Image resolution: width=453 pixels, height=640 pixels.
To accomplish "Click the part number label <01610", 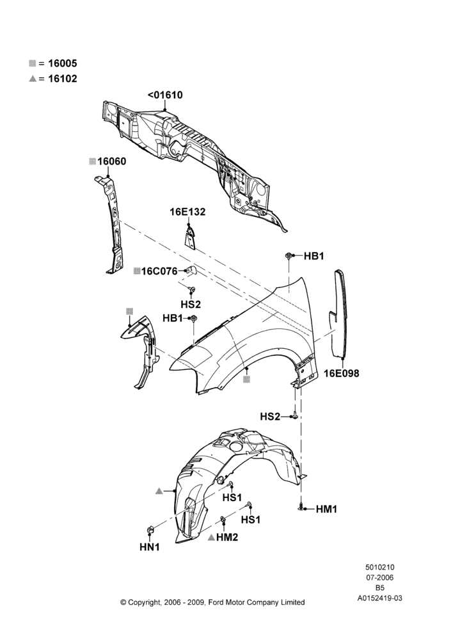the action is tap(165, 95).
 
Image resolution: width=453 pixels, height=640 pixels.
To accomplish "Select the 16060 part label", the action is tap(111, 161).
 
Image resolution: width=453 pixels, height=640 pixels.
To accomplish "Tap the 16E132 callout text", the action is tap(187, 212).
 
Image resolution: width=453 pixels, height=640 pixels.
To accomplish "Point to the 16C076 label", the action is tap(159, 271).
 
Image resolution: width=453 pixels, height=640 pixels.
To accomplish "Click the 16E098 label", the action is tap(342, 373).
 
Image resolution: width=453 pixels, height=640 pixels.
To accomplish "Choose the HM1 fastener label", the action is tap(326, 509).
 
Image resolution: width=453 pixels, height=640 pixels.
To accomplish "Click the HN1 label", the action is tap(150, 547).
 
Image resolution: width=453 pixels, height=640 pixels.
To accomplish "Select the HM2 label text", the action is tap(227, 538).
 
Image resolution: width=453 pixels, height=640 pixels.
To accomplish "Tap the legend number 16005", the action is tap(63, 63).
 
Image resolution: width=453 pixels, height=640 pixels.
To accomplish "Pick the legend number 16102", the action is tap(63, 79).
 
